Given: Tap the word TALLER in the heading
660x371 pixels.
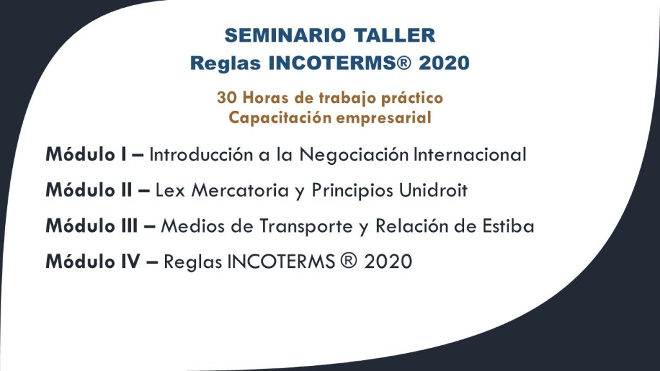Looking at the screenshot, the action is coord(394,35).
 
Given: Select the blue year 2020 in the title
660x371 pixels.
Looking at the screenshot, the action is coord(444,63).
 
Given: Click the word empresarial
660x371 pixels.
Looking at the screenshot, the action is coord(383,118).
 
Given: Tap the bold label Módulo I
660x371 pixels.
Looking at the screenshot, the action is coord(86,155).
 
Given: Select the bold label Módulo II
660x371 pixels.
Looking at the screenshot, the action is coord(89,190).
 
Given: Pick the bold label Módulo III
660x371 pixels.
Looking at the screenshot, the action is coord(92,226).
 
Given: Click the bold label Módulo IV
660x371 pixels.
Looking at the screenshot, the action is coord(93,262).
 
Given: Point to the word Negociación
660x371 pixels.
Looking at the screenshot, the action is coord(354,155).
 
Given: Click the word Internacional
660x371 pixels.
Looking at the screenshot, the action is coord(470,155).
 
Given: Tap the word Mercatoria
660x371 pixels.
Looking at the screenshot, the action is coord(240,190).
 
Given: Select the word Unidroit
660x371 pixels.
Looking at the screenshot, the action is coord(433,190).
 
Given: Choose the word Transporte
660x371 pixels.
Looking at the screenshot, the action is coord(306,226).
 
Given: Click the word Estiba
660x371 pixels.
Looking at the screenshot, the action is coord(508,226).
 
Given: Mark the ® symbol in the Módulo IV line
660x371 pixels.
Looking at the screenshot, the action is coord(347,261).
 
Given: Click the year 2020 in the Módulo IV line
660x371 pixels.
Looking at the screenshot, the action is coord(388,262).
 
